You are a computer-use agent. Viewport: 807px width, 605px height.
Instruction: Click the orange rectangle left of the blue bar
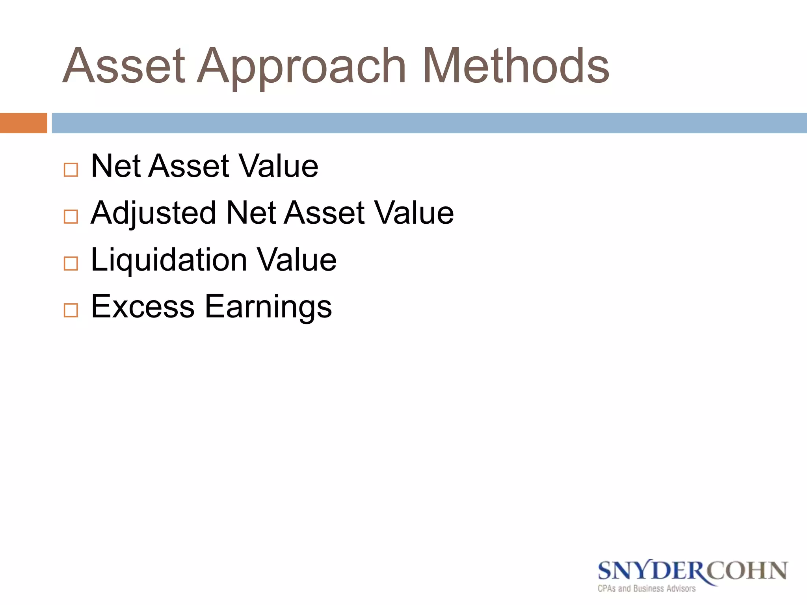coord(23,123)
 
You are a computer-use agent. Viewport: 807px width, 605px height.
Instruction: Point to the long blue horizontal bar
coord(429,123)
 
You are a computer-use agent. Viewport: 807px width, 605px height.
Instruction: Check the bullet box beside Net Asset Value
coord(71,170)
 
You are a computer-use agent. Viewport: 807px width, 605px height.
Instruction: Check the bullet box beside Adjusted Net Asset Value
coord(71,217)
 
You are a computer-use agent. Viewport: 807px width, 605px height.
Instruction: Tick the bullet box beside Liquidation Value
coord(71,264)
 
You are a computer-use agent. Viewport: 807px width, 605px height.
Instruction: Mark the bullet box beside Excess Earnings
coord(71,310)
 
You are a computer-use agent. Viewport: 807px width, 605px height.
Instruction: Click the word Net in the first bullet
coord(116,166)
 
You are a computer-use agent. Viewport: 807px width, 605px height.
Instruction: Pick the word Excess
coord(143,307)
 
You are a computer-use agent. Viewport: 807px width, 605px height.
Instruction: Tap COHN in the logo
coord(749,571)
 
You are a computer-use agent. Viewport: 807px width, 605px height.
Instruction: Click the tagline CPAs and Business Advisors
coord(647,588)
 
